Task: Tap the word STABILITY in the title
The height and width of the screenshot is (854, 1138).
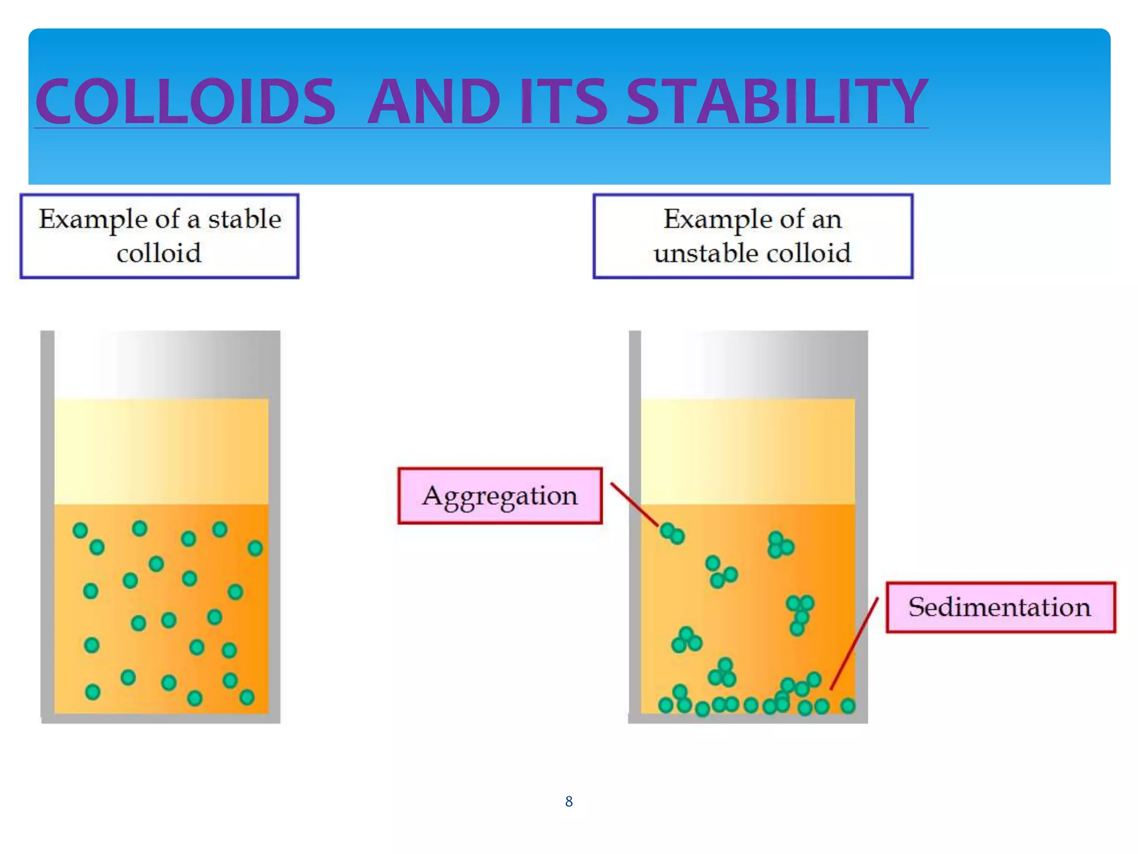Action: pos(777,101)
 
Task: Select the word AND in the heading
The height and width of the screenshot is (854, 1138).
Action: pos(433,101)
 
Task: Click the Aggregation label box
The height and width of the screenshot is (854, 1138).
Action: pos(500,495)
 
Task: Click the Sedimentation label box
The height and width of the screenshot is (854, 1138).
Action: pos(1000,607)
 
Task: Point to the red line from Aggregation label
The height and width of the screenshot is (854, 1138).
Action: pos(634,504)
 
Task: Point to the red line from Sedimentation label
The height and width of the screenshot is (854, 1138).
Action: pos(855,644)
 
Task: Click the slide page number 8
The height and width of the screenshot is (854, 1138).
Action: pos(568,801)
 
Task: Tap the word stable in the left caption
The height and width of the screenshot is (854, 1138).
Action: pos(244,219)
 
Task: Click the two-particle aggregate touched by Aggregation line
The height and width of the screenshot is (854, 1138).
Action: pos(672,533)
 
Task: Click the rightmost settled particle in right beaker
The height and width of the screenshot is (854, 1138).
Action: pos(847,706)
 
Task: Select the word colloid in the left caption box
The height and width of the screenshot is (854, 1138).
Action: pos(159,254)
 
